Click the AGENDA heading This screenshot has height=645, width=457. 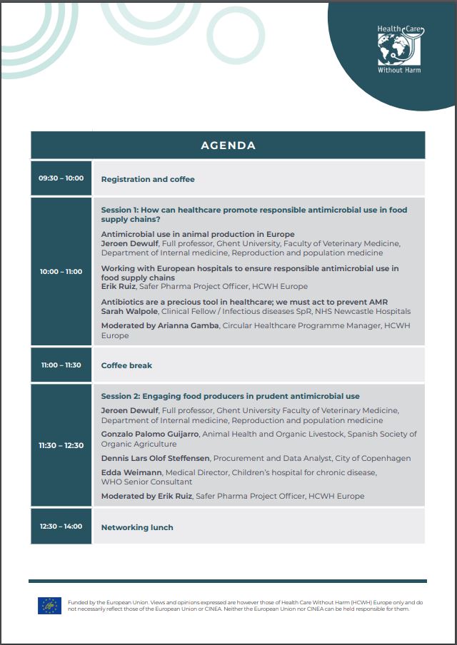(x=228, y=146)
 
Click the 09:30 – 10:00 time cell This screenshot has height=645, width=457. (x=61, y=178)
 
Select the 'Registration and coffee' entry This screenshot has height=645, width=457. (x=148, y=179)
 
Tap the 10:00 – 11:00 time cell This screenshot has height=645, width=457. (x=61, y=271)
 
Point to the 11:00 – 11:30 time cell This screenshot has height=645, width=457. (x=61, y=365)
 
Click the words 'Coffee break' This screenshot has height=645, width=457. (x=126, y=365)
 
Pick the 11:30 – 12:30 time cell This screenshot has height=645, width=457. (x=61, y=445)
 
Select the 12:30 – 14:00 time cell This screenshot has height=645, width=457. (x=61, y=527)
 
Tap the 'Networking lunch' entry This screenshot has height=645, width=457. (x=137, y=527)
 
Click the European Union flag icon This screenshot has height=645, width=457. (x=49, y=606)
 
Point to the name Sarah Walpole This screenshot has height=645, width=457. (x=129, y=311)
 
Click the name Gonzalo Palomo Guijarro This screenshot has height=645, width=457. (x=150, y=434)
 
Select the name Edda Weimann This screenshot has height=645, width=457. (x=131, y=472)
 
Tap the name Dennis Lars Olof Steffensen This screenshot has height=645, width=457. (x=155, y=458)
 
